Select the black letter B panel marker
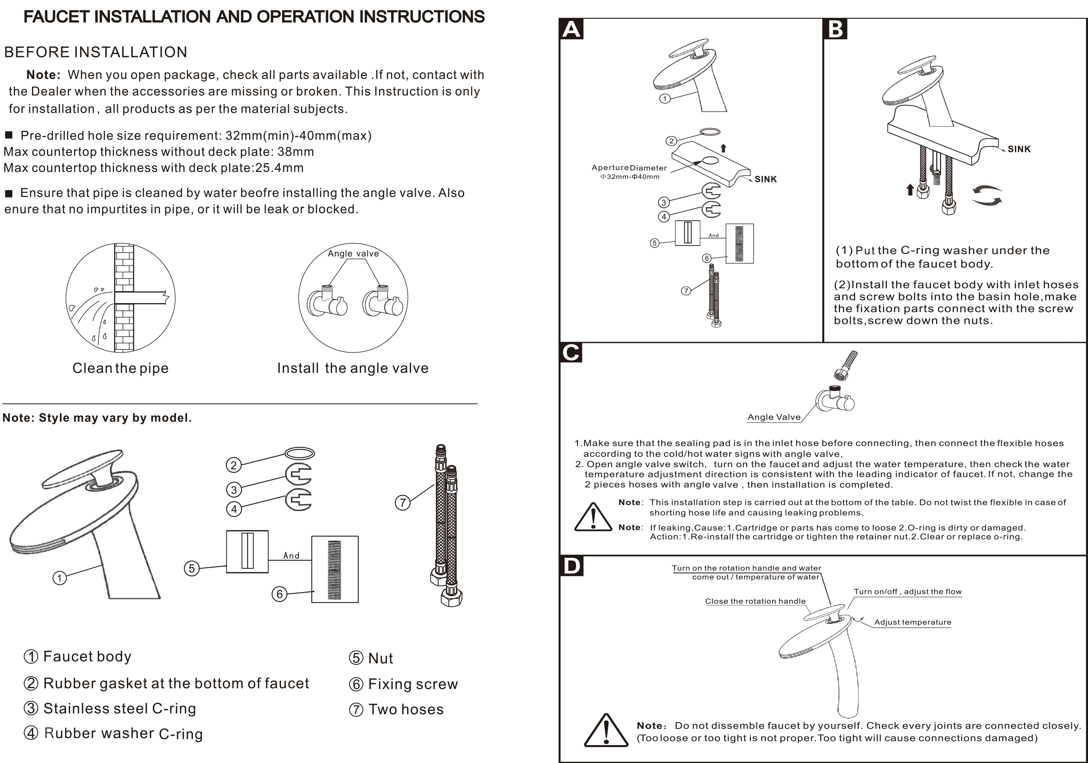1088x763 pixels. click(x=835, y=29)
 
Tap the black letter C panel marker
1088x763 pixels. click(x=571, y=353)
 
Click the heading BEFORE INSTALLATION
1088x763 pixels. click(x=96, y=52)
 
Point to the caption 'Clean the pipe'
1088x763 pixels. click(x=120, y=368)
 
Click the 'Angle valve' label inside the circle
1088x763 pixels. click(x=353, y=253)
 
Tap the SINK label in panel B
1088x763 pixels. click(x=1019, y=149)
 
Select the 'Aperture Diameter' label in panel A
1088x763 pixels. click(x=629, y=168)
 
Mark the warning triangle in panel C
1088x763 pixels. click(x=593, y=518)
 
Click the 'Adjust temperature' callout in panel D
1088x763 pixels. click(x=912, y=622)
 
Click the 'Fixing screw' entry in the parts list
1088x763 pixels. click(x=412, y=684)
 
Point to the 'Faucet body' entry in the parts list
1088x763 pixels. click(x=87, y=656)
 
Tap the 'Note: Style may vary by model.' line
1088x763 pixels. click(x=97, y=418)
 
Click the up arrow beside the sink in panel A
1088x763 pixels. click(x=723, y=148)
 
